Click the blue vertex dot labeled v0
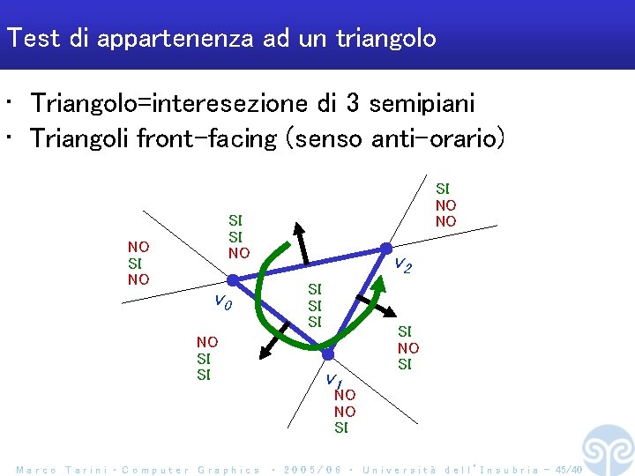(x=232, y=280)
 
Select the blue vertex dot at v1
(x=328, y=353)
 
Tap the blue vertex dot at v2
(x=385, y=249)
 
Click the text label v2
(x=402, y=264)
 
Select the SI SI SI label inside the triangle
(x=315, y=305)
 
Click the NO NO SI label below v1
(x=345, y=412)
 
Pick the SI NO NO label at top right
(x=445, y=205)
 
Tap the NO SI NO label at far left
(x=138, y=263)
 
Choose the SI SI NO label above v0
(x=238, y=236)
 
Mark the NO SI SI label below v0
(x=207, y=358)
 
